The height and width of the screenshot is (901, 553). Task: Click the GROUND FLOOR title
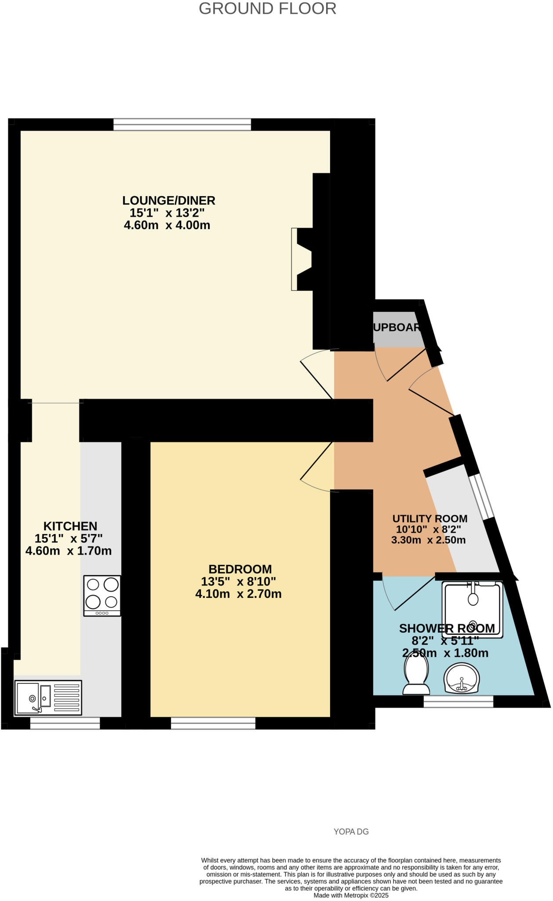coord(267,9)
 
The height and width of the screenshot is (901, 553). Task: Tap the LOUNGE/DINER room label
coord(168,201)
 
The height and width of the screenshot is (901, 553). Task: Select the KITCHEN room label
coord(70,526)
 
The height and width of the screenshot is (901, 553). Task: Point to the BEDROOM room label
coord(240,569)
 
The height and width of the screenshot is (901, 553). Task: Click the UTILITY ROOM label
coord(429,519)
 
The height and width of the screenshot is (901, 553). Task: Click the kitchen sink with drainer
coord(48,698)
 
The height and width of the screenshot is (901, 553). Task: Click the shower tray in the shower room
coord(472,609)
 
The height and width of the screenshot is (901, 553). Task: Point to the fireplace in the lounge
coord(303,259)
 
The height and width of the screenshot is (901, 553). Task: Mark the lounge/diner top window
coord(182,125)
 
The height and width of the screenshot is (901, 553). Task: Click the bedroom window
coord(213,723)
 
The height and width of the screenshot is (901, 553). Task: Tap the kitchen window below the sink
coord(65,723)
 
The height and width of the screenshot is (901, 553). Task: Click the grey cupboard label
coord(397,327)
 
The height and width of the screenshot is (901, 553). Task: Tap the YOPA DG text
coord(351,832)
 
